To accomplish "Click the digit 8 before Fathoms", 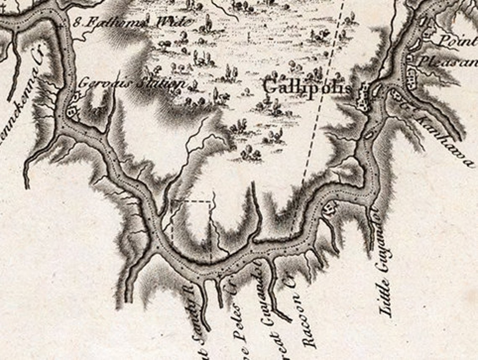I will click(77, 22).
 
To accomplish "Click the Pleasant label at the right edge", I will click(447, 62).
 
